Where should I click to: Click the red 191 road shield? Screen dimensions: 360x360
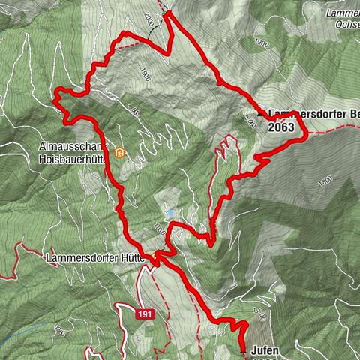tap(145, 315)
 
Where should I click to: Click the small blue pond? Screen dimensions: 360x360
tap(171, 214)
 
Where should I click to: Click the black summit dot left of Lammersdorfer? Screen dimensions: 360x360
tap(261, 114)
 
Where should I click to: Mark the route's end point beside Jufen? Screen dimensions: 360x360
tap(243, 350)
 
